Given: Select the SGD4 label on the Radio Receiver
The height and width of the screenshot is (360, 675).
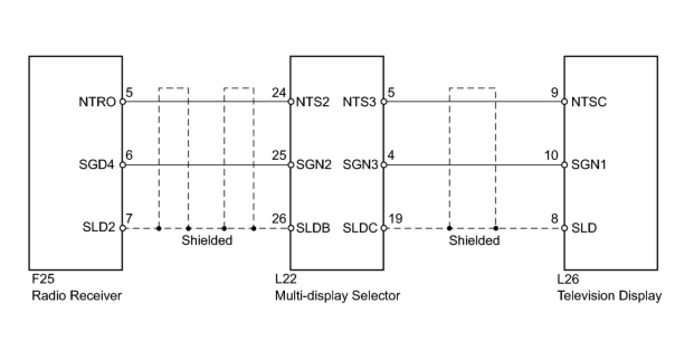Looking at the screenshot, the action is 99,165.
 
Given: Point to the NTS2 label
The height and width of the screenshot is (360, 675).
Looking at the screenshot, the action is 313,102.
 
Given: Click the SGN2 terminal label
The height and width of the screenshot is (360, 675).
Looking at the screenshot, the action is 313,165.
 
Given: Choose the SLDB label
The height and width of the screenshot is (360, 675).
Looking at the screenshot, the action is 313,228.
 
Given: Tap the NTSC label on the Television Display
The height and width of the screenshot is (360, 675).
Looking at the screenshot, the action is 589,102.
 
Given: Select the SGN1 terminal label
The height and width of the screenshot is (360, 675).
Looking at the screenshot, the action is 589,165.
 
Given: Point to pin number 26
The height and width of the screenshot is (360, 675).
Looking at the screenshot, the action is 278,219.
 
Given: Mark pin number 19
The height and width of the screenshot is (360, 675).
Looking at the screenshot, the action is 395,219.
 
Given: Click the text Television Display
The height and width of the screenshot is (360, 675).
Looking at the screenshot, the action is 610,296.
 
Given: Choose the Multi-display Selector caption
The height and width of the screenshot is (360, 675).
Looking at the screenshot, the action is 337,296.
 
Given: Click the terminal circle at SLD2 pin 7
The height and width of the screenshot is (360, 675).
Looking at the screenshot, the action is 123,228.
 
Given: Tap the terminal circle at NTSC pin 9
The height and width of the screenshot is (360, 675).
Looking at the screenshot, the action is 564,102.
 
